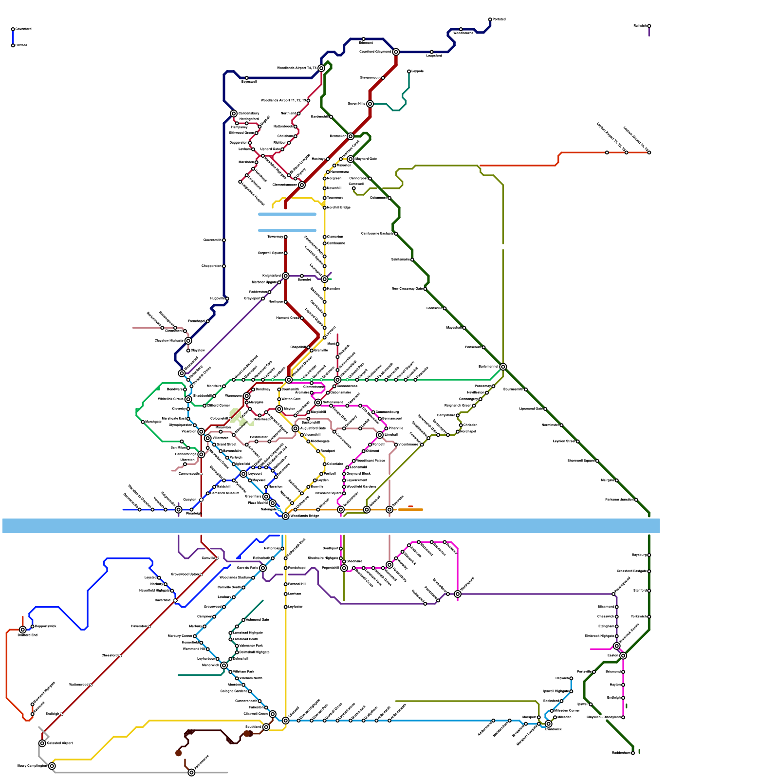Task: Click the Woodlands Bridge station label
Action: (305, 516)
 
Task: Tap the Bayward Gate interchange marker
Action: (351, 159)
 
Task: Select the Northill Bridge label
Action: (339, 207)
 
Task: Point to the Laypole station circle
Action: (409, 72)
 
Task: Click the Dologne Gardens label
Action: (234, 691)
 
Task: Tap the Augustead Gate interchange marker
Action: (295, 428)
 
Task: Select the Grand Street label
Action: (226, 445)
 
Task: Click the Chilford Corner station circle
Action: (204, 406)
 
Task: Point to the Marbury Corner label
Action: (180, 636)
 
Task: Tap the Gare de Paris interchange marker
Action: (263, 568)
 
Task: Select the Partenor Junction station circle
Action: (636, 500)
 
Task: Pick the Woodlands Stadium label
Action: (235, 577)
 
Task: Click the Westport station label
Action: (328, 451)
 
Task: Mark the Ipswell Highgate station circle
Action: (571, 691)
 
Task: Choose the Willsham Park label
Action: (243, 671)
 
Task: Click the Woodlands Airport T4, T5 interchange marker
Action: (321, 68)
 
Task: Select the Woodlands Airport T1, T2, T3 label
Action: (283, 100)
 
